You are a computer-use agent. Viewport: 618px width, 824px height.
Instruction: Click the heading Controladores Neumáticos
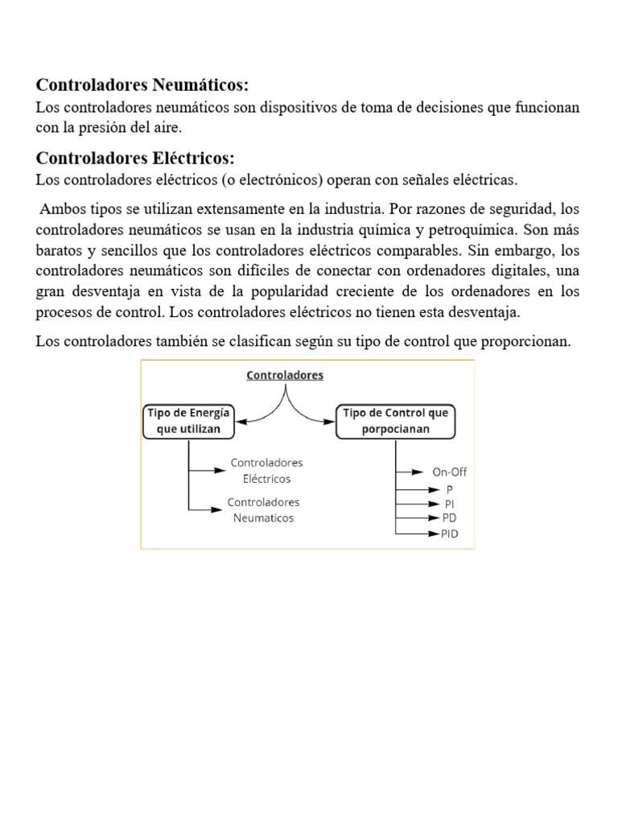click(142, 85)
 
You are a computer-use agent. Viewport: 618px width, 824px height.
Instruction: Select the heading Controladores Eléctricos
click(135, 157)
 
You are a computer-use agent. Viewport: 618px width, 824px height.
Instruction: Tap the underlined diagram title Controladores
click(284, 375)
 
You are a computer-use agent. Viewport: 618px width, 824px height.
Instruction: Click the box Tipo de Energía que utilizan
click(189, 421)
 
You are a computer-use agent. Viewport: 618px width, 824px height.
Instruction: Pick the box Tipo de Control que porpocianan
click(396, 421)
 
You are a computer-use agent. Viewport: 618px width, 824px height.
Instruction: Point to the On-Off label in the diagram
click(450, 472)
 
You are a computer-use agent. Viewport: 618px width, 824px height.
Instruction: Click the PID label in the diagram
click(449, 534)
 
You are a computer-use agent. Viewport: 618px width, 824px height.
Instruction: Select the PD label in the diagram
click(449, 518)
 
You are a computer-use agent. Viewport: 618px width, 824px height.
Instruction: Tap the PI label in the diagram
click(449, 504)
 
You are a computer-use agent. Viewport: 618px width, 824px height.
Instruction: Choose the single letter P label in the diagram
click(449, 488)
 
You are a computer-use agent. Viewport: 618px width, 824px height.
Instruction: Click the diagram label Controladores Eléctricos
click(266, 471)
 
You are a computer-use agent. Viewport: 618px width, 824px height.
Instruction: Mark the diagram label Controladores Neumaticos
click(264, 510)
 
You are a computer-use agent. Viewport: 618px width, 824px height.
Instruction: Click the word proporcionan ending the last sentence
click(526, 342)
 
